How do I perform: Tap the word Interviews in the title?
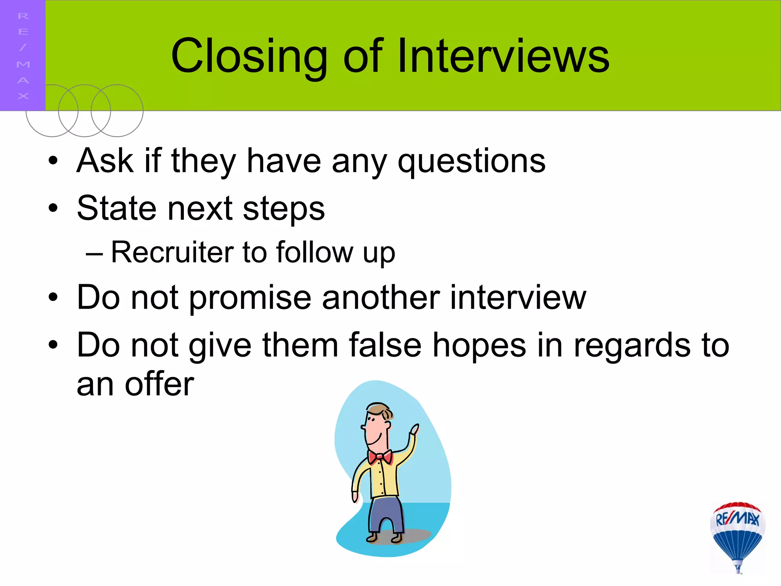pos(503,56)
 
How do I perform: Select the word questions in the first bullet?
pos(471,161)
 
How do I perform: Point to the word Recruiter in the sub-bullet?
pos(172,252)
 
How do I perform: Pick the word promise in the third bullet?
pos(250,298)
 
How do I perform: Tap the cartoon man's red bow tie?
pos(380,456)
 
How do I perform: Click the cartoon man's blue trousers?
pos(385,513)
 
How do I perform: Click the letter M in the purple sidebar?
pos(23,64)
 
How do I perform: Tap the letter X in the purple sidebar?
pos(23,96)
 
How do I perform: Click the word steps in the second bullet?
pos(284,209)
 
